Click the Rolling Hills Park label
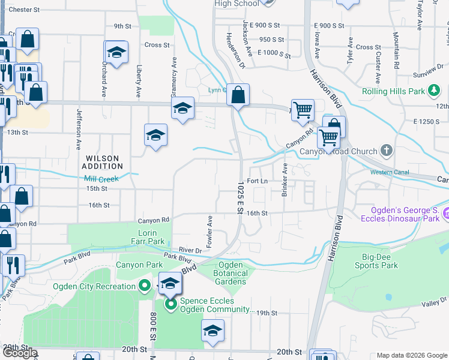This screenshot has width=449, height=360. pos(394,92)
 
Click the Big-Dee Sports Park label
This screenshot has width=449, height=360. pos(376,260)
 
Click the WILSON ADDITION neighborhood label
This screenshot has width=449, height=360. pos(102,162)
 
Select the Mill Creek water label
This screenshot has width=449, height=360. pos(102,178)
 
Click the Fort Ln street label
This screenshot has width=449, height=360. pos(256,181)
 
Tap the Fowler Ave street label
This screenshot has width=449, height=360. pos(210,232)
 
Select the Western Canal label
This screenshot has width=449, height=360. pos(390,173)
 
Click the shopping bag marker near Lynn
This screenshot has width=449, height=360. pos(238,94)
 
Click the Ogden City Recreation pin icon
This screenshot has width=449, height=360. pos(144,286)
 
